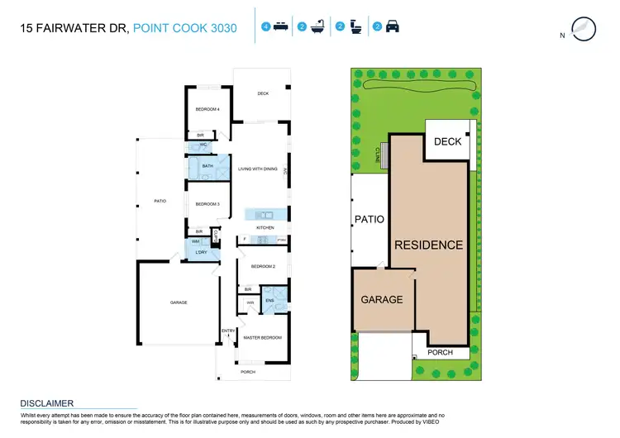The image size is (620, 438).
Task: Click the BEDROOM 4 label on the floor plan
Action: (x=207, y=110)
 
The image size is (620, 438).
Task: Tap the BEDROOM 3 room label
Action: (x=207, y=203)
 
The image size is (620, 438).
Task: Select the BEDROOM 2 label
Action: (x=263, y=267)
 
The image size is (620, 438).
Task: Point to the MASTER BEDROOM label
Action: (x=263, y=338)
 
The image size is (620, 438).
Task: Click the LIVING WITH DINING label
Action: (x=258, y=169)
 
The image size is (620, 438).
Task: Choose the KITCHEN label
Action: (x=265, y=226)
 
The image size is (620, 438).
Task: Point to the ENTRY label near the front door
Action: (x=227, y=331)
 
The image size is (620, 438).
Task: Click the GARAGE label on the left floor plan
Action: (x=179, y=302)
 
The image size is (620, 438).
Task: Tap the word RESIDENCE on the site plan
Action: (x=428, y=245)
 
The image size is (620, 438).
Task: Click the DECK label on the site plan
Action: (x=447, y=141)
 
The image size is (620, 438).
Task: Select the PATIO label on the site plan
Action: (x=369, y=220)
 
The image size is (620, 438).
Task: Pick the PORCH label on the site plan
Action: (x=439, y=353)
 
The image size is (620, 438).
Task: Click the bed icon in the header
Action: (x=280, y=27)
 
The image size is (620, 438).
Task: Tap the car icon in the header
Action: (x=392, y=27)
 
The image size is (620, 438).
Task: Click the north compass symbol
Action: (x=583, y=28)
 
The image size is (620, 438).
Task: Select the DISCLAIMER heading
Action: (x=47, y=403)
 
